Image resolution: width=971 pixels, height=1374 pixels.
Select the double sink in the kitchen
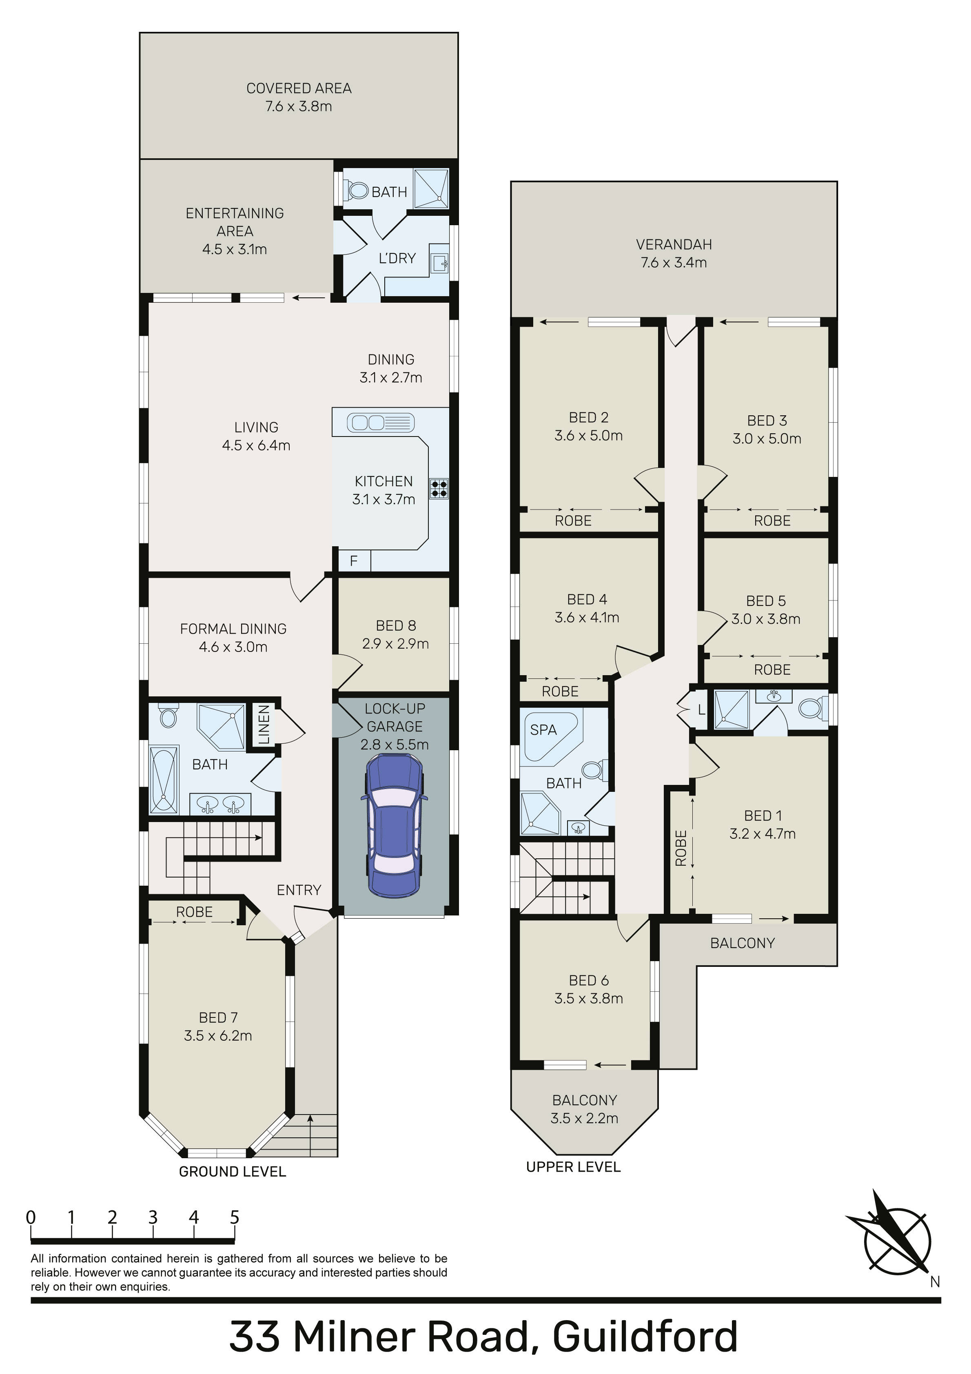pyautogui.click(x=381, y=423)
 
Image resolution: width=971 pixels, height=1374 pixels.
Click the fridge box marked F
pyautogui.click(x=354, y=560)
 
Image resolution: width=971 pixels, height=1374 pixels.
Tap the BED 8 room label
pyautogui.click(x=396, y=625)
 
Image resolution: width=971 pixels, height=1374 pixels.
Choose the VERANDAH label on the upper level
pyautogui.click(x=674, y=244)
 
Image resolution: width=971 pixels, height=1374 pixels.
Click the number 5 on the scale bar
pyautogui.click(x=235, y=1217)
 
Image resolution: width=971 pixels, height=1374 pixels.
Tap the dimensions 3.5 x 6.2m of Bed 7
pyautogui.click(x=218, y=1035)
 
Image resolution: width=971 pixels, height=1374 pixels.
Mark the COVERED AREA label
pyautogui.click(x=299, y=88)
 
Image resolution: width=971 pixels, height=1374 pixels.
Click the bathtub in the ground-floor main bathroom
pyautogui.click(x=164, y=780)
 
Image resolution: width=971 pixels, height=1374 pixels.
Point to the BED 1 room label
pyautogui.click(x=763, y=816)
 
